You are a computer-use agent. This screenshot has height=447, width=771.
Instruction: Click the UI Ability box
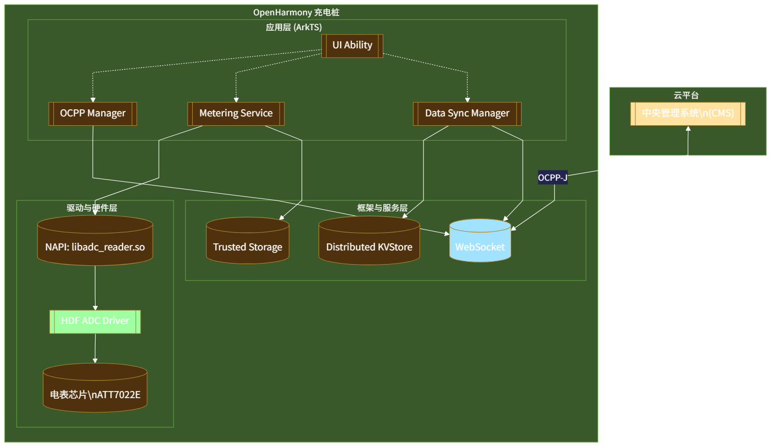tap(352, 46)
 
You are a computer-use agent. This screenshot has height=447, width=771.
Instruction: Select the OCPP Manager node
tap(92, 114)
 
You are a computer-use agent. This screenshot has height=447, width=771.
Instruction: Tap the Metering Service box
tap(236, 114)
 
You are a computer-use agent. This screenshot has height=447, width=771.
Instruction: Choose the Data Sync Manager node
tap(467, 114)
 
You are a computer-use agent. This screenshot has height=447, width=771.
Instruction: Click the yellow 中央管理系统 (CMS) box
tap(688, 114)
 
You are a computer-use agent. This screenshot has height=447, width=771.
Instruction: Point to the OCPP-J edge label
tap(552, 177)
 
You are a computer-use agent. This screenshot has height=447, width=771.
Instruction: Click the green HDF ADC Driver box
tap(95, 321)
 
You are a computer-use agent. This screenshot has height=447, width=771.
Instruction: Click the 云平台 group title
tap(686, 95)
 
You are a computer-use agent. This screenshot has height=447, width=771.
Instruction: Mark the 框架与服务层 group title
tap(382, 208)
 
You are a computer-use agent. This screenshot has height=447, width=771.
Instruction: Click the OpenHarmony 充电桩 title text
tap(300, 13)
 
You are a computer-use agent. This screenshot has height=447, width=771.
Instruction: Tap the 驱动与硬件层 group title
tap(92, 208)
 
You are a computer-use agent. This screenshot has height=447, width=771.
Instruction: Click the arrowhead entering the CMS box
tap(688, 128)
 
